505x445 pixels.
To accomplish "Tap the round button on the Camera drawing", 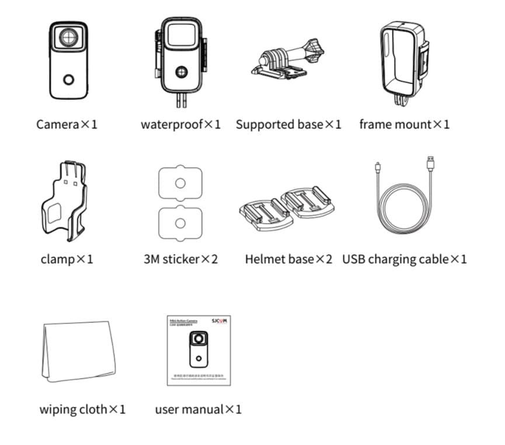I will point(69,80).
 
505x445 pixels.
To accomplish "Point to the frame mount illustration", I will point(403,61).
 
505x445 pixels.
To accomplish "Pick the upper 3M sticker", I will point(180,183).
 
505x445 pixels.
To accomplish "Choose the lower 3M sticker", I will point(180,223).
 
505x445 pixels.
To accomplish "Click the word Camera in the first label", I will point(57,124).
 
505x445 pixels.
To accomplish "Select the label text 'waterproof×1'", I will point(180,124).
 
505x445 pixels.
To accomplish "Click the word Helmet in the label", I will point(266,259).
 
